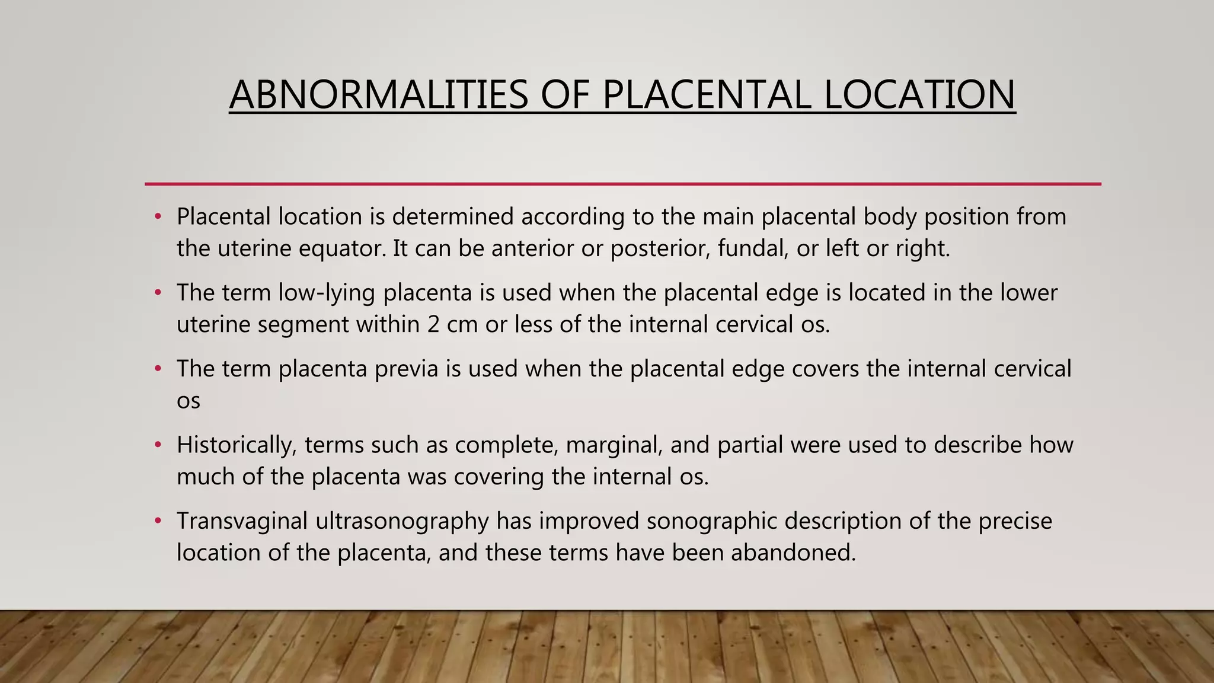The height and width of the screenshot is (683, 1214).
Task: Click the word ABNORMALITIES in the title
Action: (x=378, y=95)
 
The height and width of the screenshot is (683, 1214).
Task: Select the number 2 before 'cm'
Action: (x=433, y=325)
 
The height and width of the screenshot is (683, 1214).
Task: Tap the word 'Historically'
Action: (x=236, y=445)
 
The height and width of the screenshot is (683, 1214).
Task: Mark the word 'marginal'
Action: (x=614, y=445)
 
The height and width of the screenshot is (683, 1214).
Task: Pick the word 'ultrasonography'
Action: (x=402, y=521)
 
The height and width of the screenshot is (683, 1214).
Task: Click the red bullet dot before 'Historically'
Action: (x=158, y=445)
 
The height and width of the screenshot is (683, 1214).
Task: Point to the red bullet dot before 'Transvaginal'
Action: (x=158, y=521)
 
